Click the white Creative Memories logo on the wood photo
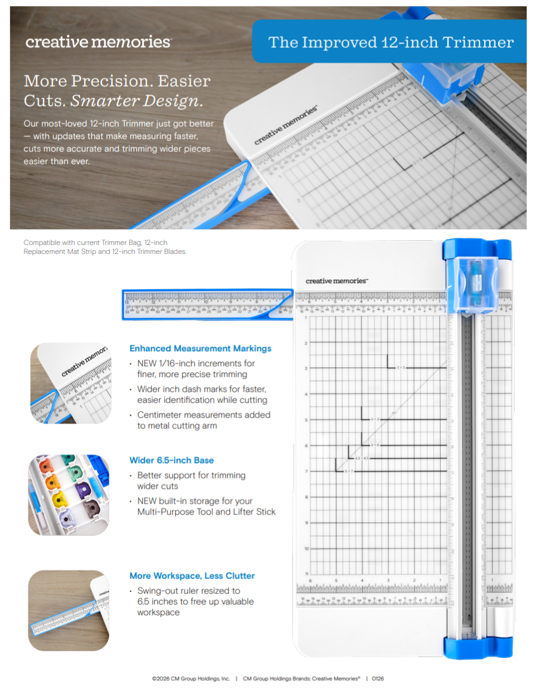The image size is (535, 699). tap(98, 42)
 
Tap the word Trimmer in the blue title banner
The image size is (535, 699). tap(482, 42)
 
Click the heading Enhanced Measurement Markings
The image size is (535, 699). tap(200, 348)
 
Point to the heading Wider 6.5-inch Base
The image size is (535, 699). tap(171, 461)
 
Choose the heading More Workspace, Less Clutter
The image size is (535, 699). tap(192, 576)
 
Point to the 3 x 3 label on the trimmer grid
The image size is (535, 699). tap(401, 367)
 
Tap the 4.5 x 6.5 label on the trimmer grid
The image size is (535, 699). tap(362, 458)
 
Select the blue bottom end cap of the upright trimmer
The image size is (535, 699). tap(477, 647)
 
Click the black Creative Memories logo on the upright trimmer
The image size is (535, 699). tap(337, 281)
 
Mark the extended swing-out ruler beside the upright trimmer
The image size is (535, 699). tap(206, 304)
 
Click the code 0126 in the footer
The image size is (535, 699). tap(377, 679)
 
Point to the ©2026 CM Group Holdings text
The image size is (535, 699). tap(190, 679)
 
